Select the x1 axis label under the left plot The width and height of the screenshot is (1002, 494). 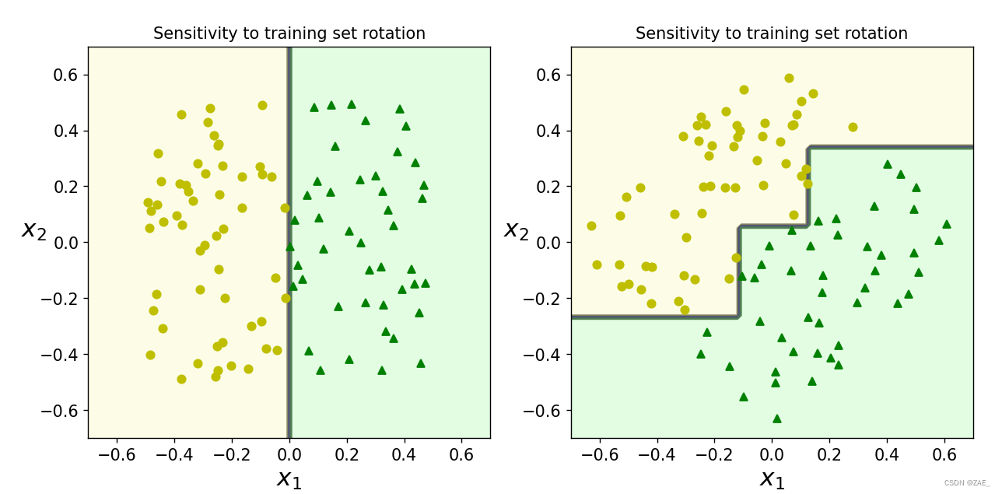(289, 479)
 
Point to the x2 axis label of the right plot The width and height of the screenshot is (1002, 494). (516, 229)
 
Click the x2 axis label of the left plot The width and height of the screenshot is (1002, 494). (33, 229)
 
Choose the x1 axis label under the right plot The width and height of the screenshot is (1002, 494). (772, 479)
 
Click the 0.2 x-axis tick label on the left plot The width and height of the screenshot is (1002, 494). (346, 454)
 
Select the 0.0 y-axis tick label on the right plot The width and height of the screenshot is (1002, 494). (552, 243)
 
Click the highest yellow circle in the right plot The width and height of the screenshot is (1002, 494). (789, 78)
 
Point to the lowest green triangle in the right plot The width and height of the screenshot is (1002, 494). (776, 419)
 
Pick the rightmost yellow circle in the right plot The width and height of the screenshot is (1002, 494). (853, 127)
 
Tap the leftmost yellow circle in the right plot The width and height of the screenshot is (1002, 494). (591, 226)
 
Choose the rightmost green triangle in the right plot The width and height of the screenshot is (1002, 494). (946, 224)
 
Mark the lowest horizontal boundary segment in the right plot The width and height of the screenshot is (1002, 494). (653, 317)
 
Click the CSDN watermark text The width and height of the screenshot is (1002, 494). (966, 483)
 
